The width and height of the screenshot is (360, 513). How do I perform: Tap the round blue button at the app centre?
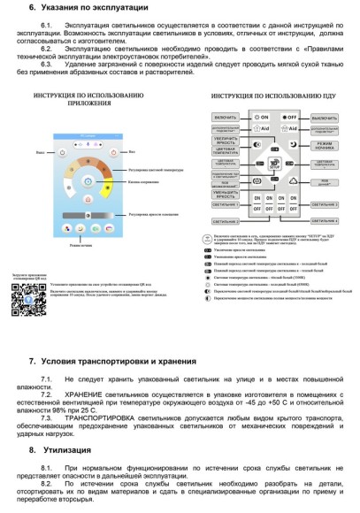point(88,180)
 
